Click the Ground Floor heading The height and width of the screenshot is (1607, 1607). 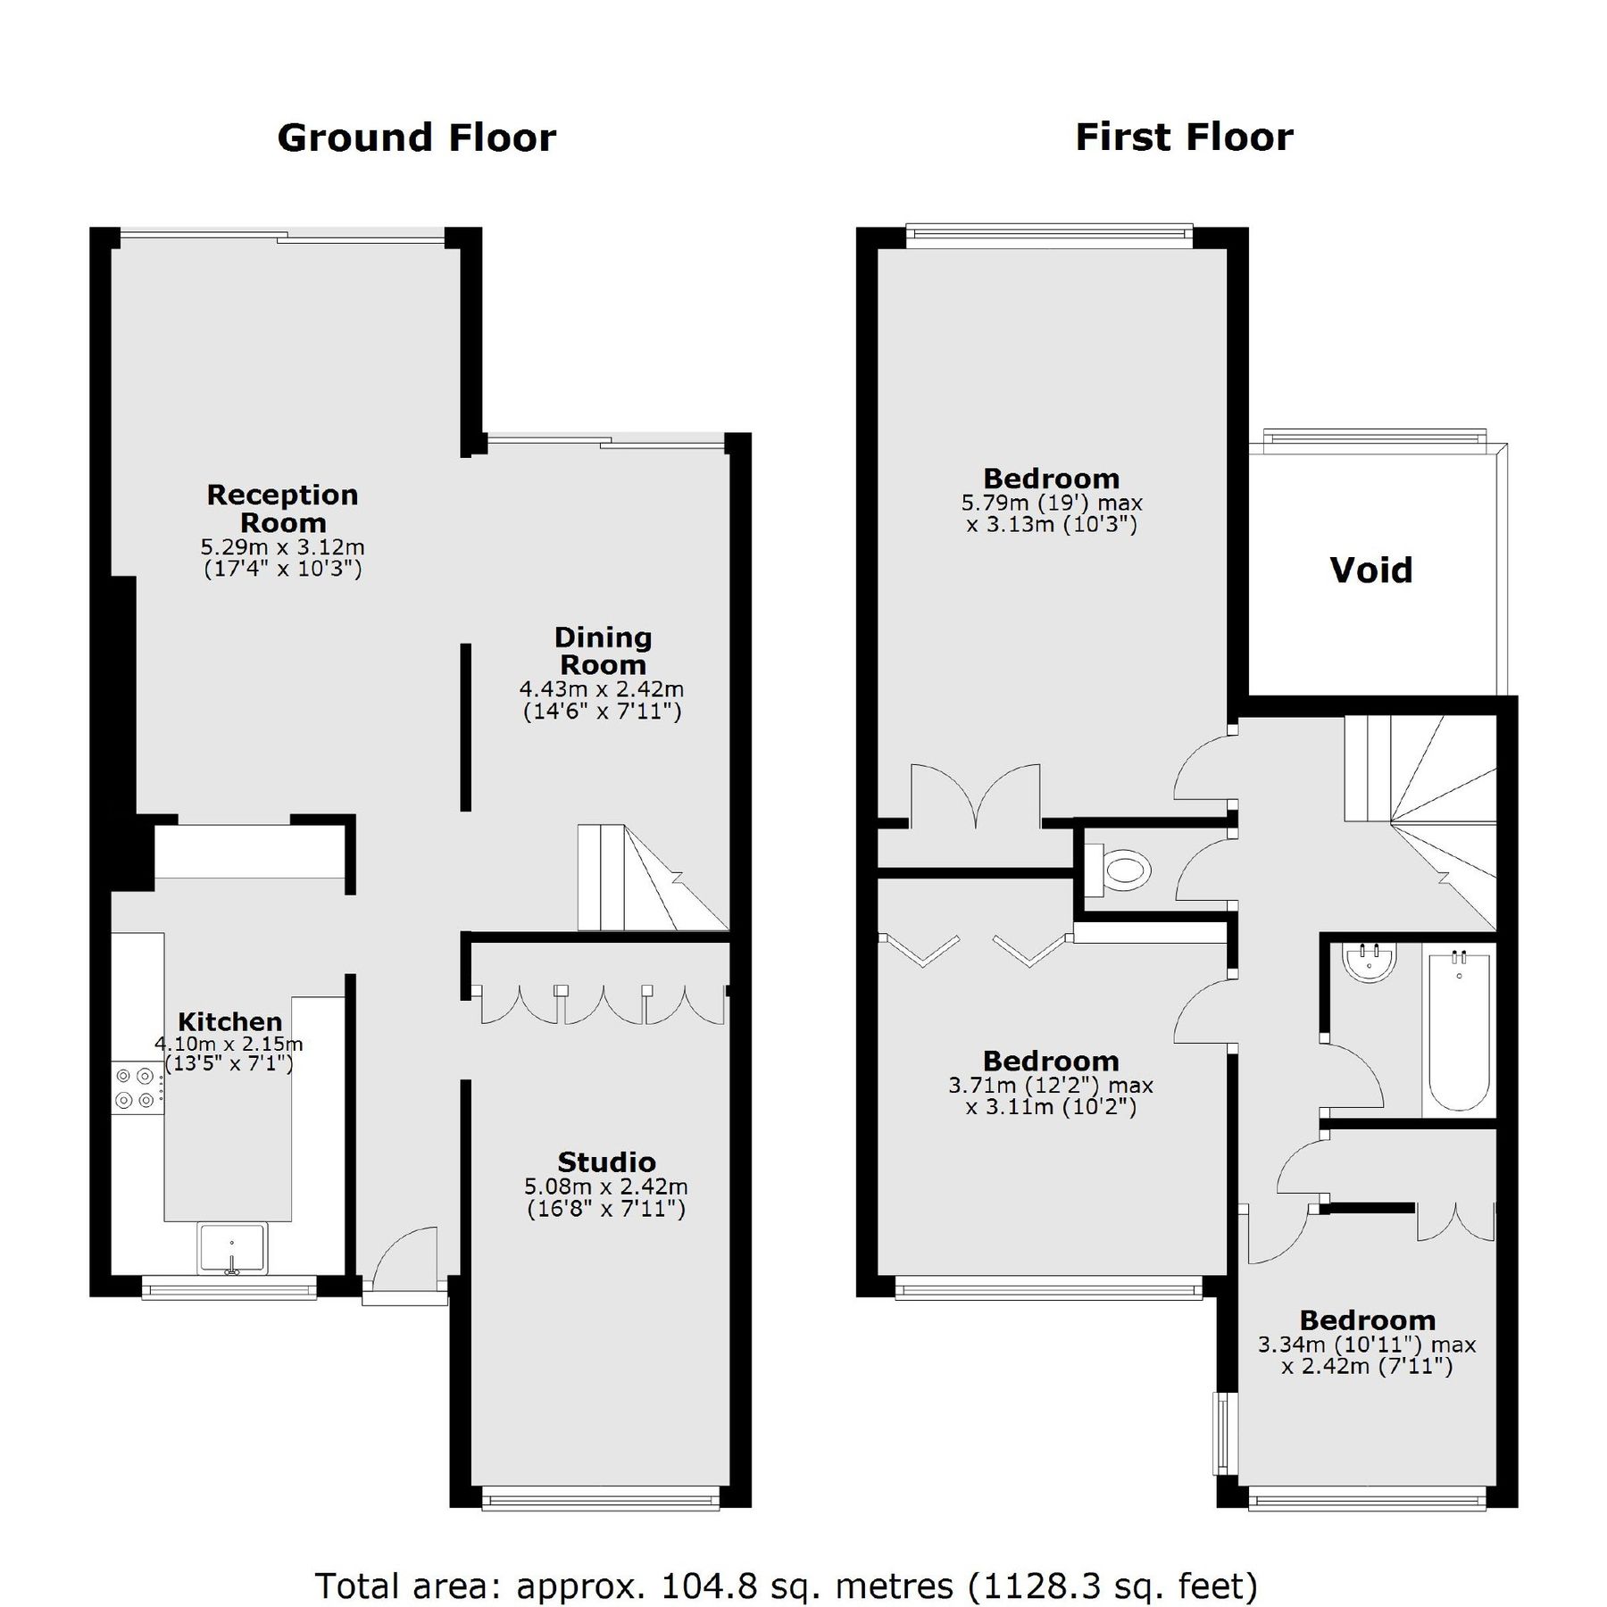coord(416,138)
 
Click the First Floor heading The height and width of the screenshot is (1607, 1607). coord(1184,137)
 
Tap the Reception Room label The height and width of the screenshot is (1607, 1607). coord(282,508)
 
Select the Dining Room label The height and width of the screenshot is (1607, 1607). coord(603,651)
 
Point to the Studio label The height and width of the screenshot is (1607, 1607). coord(606,1162)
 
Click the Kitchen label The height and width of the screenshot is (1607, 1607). coord(229,1021)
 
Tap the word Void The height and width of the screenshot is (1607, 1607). coord(1370,570)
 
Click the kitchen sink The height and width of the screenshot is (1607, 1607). coord(232,1248)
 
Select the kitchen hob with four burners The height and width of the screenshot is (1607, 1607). coord(137,1087)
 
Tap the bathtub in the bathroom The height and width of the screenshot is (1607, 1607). coord(1459,1031)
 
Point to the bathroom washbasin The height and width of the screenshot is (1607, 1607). coord(1370,962)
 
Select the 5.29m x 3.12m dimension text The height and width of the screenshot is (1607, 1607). coord(282,546)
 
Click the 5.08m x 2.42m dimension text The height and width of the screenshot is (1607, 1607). coord(606,1187)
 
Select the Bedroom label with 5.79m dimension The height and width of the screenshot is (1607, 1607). coord(1051,479)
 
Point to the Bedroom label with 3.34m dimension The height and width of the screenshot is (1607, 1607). coord(1367,1320)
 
